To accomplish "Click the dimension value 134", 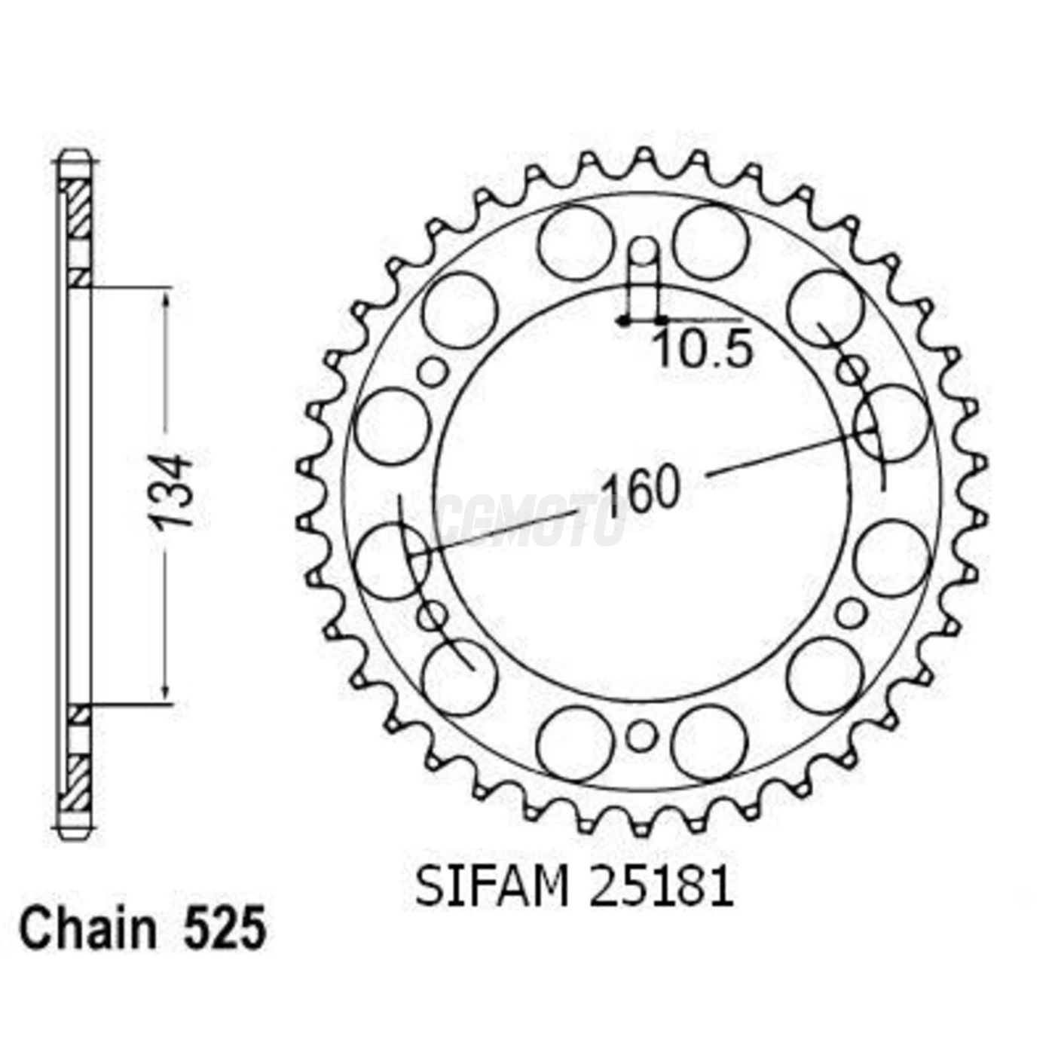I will point(171,491).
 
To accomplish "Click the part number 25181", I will point(661,886).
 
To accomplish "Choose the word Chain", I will point(87,929).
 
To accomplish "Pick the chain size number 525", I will point(225,929).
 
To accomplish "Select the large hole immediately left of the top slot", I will point(576,242).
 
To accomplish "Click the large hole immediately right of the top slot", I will point(710,242).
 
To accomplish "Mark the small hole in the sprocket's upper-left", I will point(433,372).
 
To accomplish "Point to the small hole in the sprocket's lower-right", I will point(851,613).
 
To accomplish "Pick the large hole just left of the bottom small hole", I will point(574,744).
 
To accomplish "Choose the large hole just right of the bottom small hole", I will point(709,744).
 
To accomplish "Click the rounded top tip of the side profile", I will point(75,156).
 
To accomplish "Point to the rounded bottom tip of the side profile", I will point(75,834).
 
